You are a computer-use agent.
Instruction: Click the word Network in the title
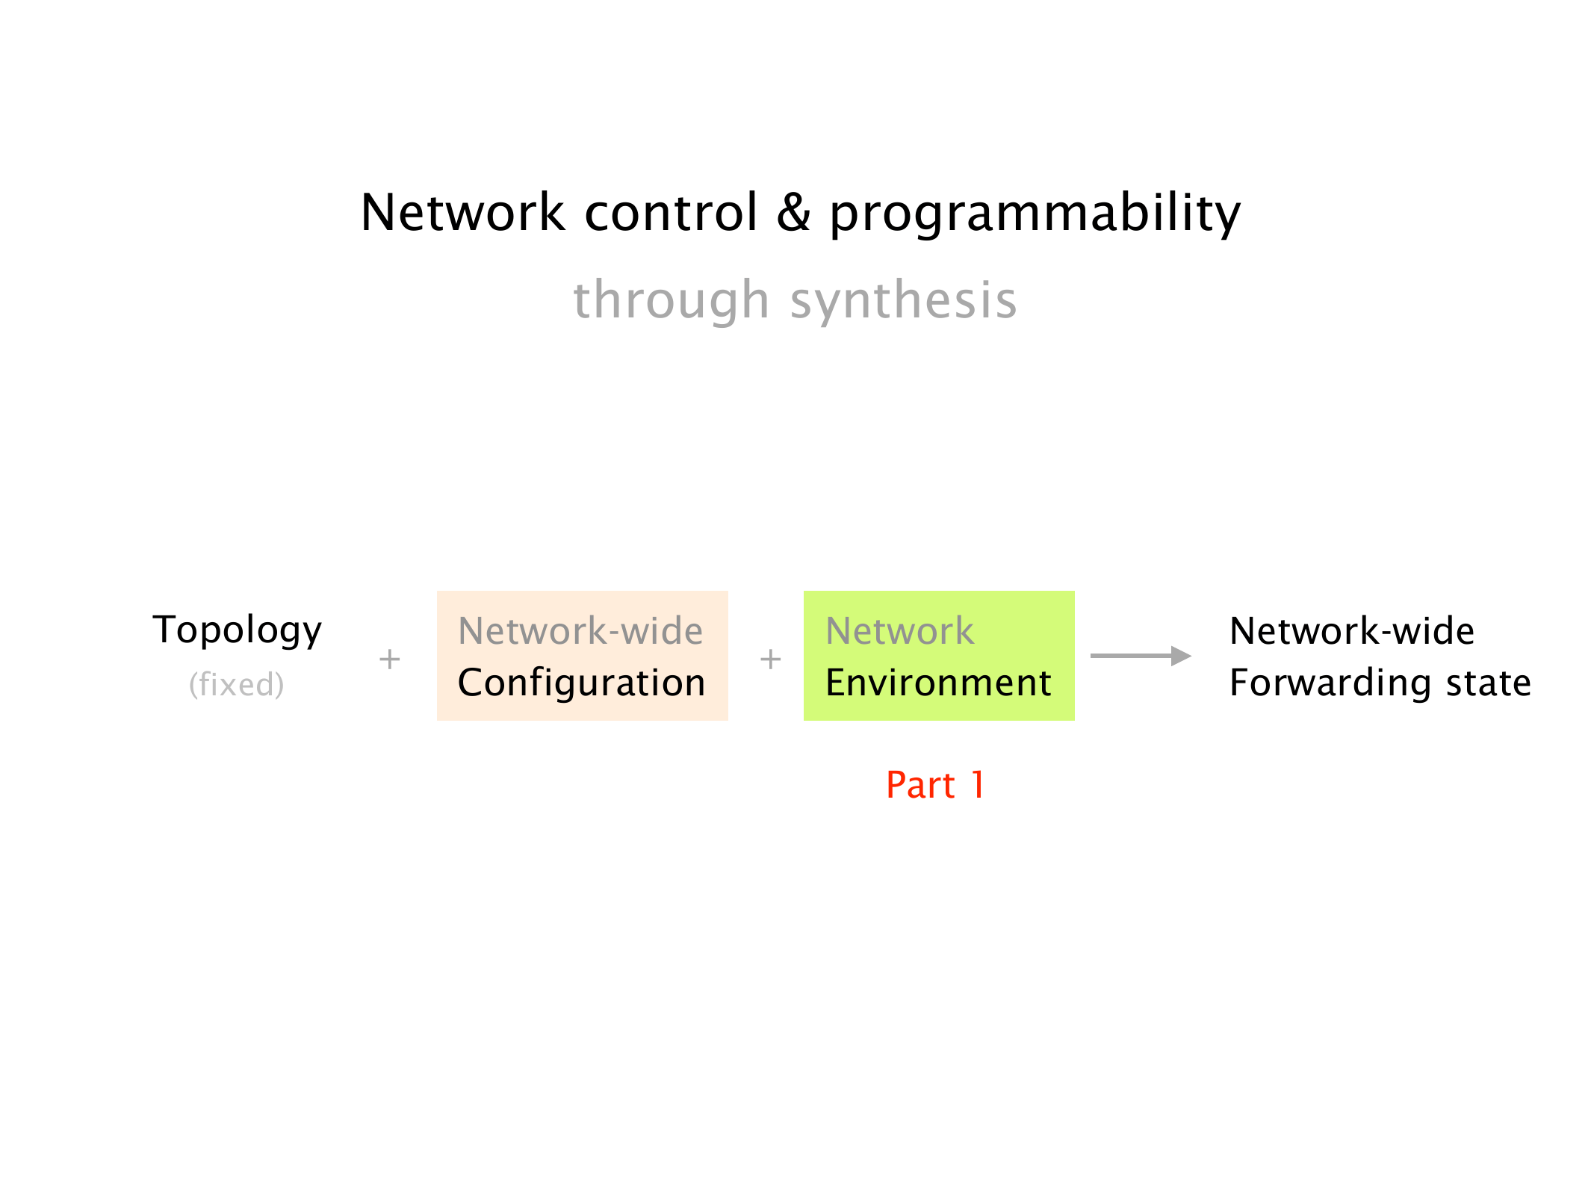pyautogui.click(x=463, y=212)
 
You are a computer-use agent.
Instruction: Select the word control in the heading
pyautogui.click(x=672, y=212)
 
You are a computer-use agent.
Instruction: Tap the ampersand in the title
pyautogui.click(x=794, y=212)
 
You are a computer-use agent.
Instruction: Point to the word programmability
pyautogui.click(x=1035, y=214)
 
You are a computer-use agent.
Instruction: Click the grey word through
pyautogui.click(x=672, y=300)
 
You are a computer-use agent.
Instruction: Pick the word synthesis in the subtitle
pyautogui.click(x=904, y=300)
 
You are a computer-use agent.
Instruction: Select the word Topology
pyautogui.click(x=238, y=631)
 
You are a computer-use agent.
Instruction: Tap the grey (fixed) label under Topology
pyautogui.click(x=237, y=684)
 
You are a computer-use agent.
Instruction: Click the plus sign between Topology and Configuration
pyautogui.click(x=389, y=659)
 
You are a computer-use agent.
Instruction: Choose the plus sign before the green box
pyautogui.click(x=770, y=659)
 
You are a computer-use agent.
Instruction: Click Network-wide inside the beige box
pyautogui.click(x=580, y=631)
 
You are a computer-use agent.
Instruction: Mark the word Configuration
pyautogui.click(x=582, y=683)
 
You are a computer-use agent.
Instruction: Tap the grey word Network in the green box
pyautogui.click(x=900, y=631)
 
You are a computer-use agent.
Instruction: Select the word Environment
pyautogui.click(x=939, y=683)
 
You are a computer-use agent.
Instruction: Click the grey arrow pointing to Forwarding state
pyautogui.click(x=1141, y=656)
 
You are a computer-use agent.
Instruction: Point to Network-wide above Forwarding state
pyautogui.click(x=1352, y=631)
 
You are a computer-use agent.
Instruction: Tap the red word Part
pyautogui.click(x=920, y=785)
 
